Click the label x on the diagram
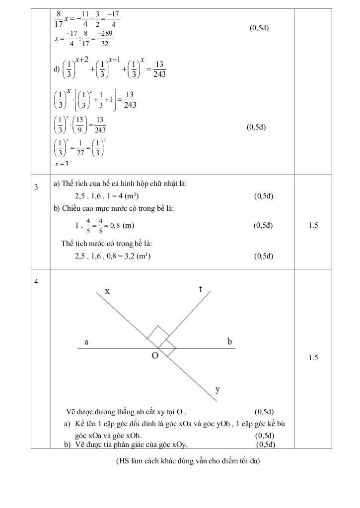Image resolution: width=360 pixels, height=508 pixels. point(107,292)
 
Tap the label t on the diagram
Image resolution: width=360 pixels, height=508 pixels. point(200,289)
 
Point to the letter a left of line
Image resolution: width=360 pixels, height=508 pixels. point(86,342)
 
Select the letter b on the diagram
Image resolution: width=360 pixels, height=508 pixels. point(229,341)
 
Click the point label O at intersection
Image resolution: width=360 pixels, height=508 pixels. point(155,356)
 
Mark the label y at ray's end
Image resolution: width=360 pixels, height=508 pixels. point(217,389)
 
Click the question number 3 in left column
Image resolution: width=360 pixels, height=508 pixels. point(36,187)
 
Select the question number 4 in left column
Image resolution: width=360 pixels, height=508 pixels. point(36,282)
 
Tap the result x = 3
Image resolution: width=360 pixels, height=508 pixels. point(62,164)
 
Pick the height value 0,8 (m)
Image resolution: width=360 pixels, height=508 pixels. point(121,225)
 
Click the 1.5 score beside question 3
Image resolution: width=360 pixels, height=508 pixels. point(313,225)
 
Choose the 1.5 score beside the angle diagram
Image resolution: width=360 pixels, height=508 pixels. point(313,358)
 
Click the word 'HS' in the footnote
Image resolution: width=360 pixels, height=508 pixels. point(123,461)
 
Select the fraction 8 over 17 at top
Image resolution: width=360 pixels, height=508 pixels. point(59,18)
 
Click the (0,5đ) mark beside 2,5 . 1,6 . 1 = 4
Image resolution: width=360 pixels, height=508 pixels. point(263,196)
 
